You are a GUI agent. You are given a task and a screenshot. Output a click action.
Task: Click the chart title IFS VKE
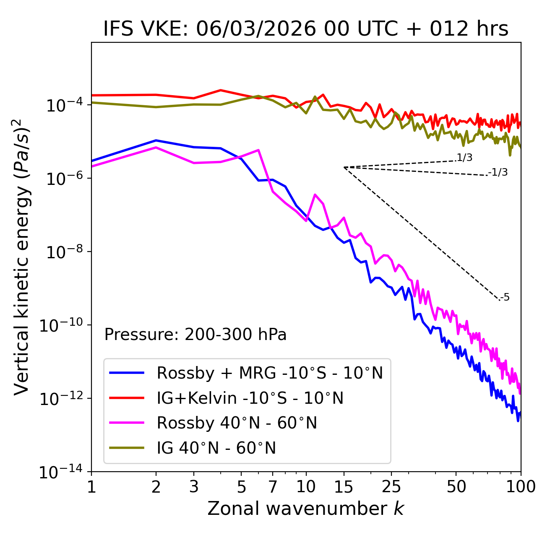click(306, 29)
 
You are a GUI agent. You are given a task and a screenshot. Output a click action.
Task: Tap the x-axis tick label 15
click(344, 487)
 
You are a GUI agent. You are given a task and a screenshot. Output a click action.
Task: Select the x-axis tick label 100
click(521, 487)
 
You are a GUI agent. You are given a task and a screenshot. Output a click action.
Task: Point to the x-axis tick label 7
click(273, 487)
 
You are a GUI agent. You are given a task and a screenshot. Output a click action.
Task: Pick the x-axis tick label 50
click(456, 487)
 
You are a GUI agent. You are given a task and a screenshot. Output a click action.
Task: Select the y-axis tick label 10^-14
click(61, 472)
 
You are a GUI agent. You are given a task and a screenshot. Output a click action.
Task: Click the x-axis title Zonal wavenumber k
click(306, 509)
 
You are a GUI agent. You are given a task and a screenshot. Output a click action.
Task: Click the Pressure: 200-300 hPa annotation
click(196, 335)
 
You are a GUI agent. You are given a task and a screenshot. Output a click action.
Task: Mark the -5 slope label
click(505, 298)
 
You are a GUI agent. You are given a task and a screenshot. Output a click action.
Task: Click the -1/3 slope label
click(498, 172)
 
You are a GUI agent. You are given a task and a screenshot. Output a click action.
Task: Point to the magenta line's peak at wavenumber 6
click(258, 150)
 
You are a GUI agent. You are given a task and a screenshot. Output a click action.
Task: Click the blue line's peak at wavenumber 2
click(156, 140)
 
